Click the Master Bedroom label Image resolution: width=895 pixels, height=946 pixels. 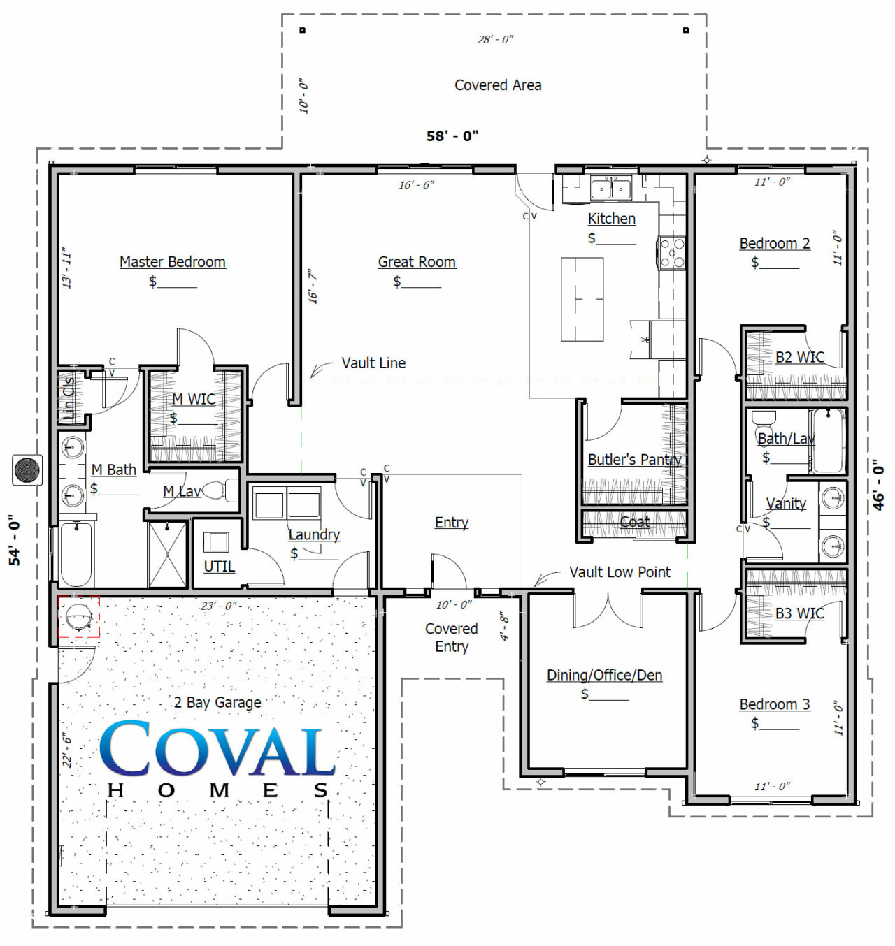click(x=172, y=262)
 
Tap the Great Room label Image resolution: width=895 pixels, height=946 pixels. click(x=417, y=262)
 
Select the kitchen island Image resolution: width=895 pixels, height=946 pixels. click(x=582, y=299)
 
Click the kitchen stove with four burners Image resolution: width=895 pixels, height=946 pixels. click(x=672, y=253)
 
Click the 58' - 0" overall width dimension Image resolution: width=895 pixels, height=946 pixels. click(x=452, y=136)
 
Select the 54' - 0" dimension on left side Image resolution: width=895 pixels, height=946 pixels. click(x=15, y=539)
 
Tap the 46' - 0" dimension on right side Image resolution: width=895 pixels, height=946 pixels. click(x=879, y=485)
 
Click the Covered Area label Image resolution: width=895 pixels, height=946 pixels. click(x=498, y=85)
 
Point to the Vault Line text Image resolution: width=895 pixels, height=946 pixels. click(x=373, y=363)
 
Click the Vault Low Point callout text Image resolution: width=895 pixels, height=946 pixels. click(x=620, y=572)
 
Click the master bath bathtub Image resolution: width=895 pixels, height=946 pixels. click(x=76, y=554)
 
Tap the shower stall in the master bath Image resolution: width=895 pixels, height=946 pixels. click(x=167, y=555)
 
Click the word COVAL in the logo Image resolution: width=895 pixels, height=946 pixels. click(x=217, y=750)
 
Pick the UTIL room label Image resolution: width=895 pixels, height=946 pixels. click(x=219, y=567)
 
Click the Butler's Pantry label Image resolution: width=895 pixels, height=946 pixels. click(x=634, y=460)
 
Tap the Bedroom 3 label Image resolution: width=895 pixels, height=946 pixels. click(x=775, y=704)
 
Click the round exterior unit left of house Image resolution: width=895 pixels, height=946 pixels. click(x=28, y=470)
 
